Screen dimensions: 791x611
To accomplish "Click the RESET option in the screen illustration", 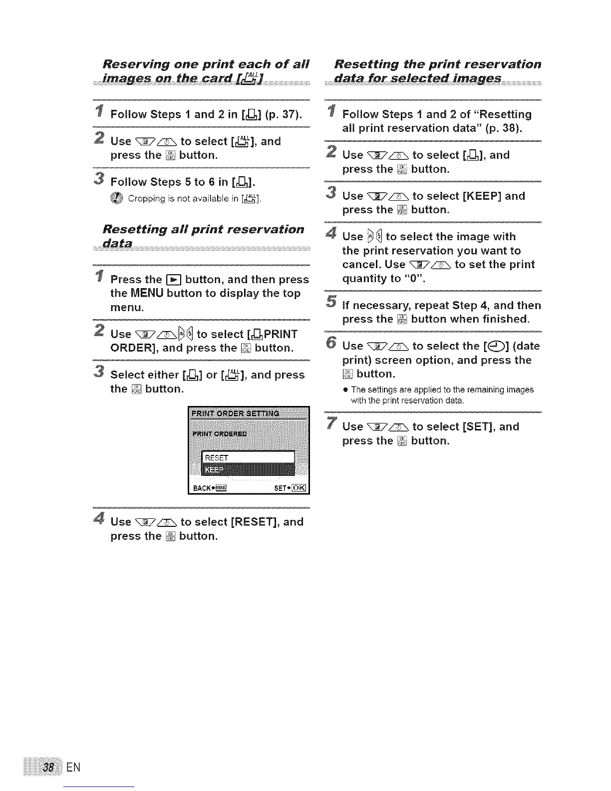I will (x=217, y=458).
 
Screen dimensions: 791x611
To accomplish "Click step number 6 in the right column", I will (x=330, y=342).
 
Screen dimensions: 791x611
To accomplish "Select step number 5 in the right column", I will (x=330, y=301).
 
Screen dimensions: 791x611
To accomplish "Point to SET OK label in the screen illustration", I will (x=291, y=488).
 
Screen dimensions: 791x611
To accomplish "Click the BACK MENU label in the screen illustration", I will (x=209, y=488).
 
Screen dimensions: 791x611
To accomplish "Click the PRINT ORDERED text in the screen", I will (x=220, y=433).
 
